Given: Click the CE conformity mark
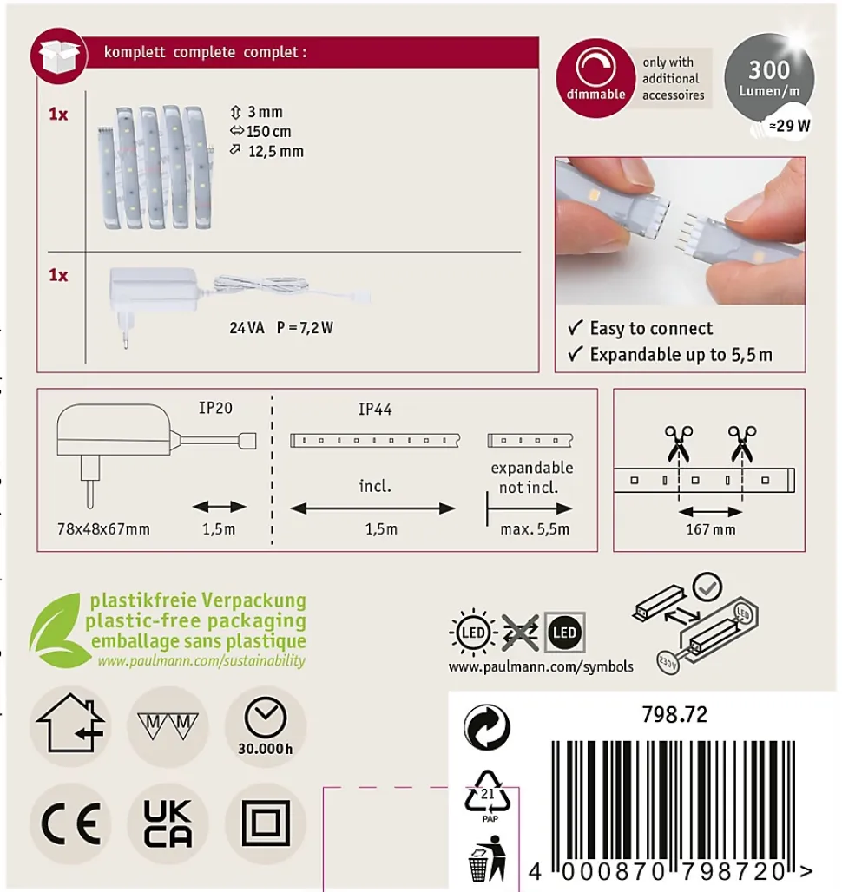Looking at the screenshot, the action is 71,823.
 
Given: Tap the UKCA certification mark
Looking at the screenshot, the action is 168,823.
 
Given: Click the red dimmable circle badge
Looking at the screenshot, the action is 595,78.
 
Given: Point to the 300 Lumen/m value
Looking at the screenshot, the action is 769,78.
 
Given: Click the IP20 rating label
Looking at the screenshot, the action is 215,408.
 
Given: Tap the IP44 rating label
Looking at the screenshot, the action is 375,409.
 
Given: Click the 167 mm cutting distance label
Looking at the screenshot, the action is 711,529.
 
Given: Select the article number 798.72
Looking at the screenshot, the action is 674,714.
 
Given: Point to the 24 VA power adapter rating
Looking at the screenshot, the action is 247,328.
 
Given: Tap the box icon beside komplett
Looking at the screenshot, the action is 59,56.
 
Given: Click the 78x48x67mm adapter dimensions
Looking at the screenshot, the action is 103,529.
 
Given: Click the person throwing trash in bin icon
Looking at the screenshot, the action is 488,858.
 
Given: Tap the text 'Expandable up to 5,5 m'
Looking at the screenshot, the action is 681,354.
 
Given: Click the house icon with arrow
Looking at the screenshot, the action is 70,723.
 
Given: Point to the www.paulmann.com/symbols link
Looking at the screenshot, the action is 541,666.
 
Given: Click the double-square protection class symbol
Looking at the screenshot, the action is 266,823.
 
